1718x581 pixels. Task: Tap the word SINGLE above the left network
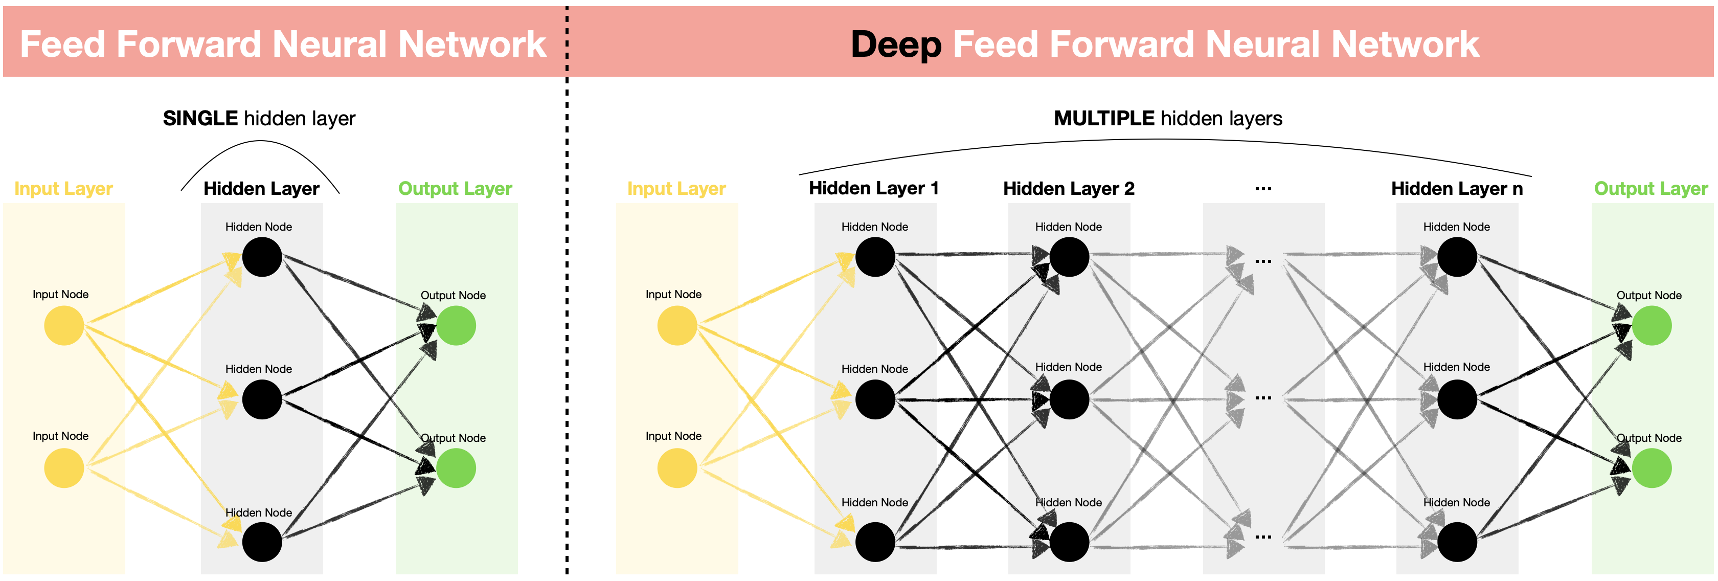click(200, 118)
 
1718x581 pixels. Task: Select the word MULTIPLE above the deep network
click(1104, 118)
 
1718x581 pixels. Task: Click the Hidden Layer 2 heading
click(1069, 189)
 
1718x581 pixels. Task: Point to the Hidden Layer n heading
click(1457, 189)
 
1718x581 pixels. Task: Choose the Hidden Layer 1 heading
click(874, 188)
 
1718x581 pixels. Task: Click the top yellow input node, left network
click(64, 325)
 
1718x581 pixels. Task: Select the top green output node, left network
click(456, 325)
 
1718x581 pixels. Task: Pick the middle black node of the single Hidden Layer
click(262, 399)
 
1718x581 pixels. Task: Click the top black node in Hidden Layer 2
click(1069, 257)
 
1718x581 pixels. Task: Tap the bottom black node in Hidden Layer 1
click(875, 541)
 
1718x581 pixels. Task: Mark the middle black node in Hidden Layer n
click(1457, 399)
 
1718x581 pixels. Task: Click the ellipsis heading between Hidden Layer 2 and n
click(1263, 189)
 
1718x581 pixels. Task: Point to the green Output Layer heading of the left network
click(455, 189)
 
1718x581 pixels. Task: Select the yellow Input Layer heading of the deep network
click(676, 189)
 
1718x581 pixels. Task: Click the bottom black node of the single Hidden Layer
click(262, 541)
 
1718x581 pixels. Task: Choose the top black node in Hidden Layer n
click(1457, 257)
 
